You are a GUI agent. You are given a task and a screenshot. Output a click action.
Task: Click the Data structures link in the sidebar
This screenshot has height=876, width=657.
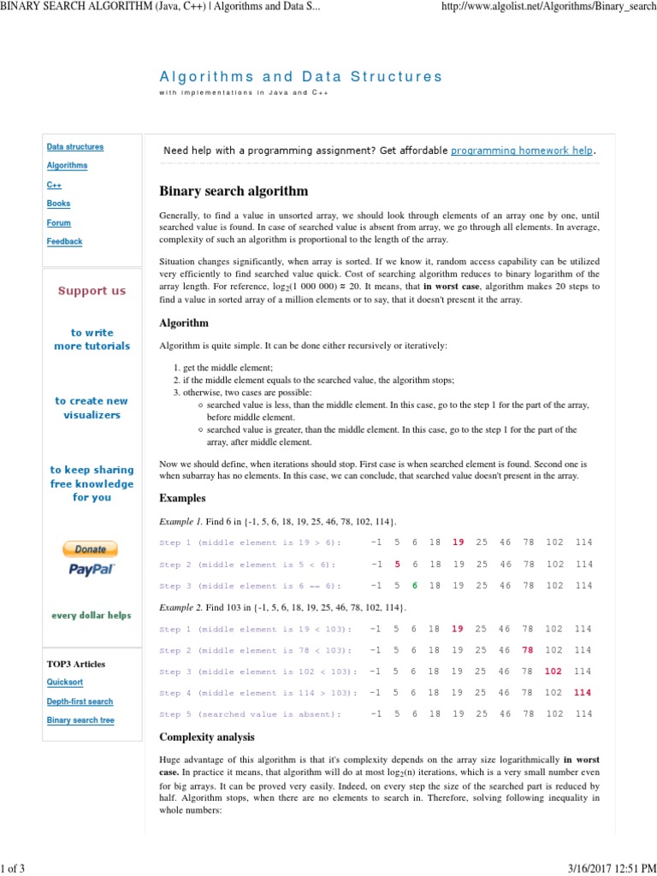tap(74, 147)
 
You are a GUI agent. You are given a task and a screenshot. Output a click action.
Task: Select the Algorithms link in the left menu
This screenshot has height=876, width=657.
tap(67, 166)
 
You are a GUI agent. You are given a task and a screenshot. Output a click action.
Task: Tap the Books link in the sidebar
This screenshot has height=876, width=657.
tap(58, 204)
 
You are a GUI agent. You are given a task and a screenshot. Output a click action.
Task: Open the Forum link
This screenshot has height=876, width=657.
tap(58, 222)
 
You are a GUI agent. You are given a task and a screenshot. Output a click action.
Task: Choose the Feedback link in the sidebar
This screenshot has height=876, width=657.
tap(64, 241)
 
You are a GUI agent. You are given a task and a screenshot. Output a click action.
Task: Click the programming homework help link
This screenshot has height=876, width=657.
tap(522, 151)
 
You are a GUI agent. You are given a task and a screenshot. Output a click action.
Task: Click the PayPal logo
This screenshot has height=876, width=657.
tap(92, 569)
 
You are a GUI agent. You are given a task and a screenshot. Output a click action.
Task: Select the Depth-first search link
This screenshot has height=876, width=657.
tap(80, 701)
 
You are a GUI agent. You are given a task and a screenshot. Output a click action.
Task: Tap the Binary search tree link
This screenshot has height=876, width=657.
tap(80, 720)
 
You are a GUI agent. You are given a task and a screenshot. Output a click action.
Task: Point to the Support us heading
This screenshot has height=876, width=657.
tap(92, 291)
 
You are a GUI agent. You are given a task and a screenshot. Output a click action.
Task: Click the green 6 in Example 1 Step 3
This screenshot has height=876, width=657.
tap(415, 586)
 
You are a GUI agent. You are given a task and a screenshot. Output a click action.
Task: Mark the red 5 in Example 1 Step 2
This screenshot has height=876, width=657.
tap(397, 565)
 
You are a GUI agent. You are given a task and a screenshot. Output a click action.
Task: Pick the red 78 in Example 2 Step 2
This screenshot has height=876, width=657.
tap(529, 650)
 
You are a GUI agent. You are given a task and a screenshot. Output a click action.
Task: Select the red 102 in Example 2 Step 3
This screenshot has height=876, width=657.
tap(553, 672)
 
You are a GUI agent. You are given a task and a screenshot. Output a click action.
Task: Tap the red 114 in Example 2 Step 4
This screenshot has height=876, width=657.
tap(583, 693)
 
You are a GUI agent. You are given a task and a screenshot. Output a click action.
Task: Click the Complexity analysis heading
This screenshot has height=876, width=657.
tap(207, 737)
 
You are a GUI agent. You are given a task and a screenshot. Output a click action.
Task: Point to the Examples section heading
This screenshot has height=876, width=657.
tap(182, 498)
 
